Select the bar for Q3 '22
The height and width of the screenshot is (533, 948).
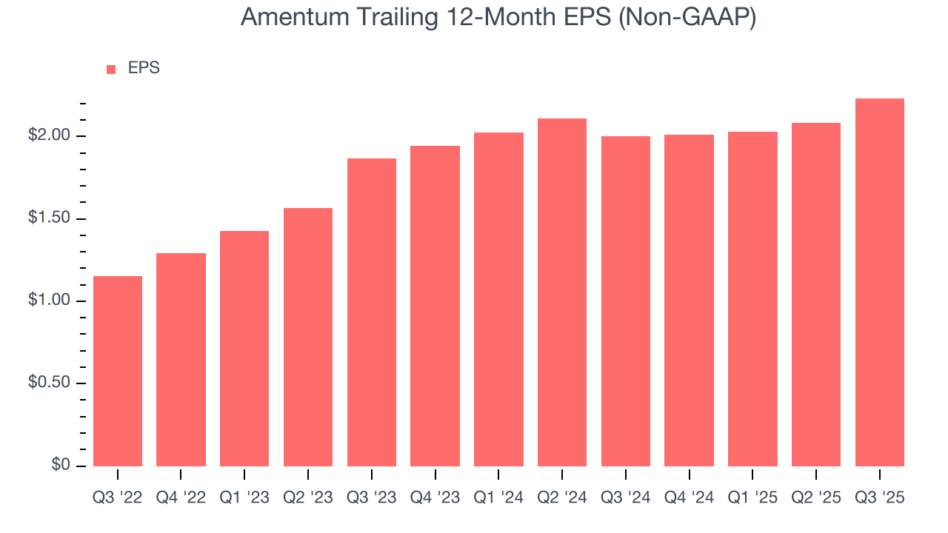[118, 371]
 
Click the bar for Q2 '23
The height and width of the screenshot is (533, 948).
[308, 337]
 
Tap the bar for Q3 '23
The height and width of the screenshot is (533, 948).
[372, 312]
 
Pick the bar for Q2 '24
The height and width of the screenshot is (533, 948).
[562, 292]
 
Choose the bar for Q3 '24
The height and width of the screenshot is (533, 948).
[626, 301]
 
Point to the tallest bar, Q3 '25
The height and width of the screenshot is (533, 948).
[880, 282]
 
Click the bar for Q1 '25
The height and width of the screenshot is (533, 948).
[752, 298]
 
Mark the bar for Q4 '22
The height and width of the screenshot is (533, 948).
[181, 359]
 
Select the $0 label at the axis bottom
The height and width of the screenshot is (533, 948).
[61, 465]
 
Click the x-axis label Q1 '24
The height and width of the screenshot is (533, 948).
[498, 498]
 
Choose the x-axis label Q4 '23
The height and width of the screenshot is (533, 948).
[435, 498]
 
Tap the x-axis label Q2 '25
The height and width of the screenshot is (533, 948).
[816, 498]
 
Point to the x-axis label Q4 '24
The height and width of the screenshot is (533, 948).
[689, 498]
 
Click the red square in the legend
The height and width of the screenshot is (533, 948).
[111, 69]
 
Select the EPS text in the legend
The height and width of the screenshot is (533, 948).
[144, 68]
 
